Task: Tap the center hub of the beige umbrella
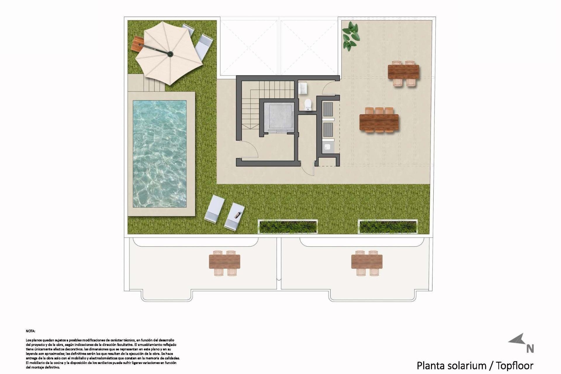170,54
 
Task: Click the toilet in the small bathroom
308,105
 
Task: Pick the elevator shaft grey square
278,117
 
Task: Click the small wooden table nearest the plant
403,72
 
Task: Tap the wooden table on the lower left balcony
224,262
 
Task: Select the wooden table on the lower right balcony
367,262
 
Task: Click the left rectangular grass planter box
288,226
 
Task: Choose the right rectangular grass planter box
388,226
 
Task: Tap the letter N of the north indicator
530,349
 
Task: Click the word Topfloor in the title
515,366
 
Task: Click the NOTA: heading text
30,331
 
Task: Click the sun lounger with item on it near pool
235,215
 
